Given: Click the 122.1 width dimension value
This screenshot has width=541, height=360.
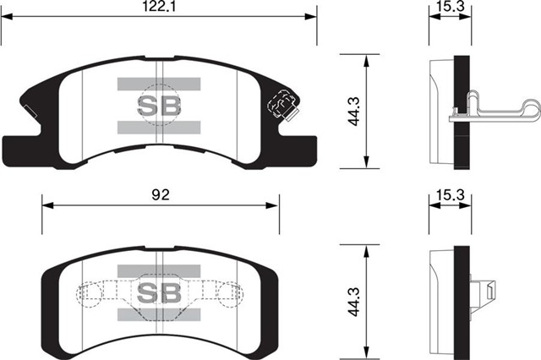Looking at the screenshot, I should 158,7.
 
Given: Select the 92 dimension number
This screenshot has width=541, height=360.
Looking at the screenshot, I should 161,194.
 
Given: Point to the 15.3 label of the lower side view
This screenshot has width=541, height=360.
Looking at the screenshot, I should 449,194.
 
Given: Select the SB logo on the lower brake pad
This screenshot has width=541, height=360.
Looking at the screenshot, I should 158,293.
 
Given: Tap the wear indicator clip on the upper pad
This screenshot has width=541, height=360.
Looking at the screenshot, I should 281,106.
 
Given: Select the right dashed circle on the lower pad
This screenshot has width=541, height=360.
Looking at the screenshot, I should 228,293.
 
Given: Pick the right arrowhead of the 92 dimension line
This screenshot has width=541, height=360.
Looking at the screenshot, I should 275,204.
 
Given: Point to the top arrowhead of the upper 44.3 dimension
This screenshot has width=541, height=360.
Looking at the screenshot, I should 365,58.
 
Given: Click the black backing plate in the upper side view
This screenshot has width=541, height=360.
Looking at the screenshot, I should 462,112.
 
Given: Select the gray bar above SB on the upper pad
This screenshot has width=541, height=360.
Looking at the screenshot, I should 158,84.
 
